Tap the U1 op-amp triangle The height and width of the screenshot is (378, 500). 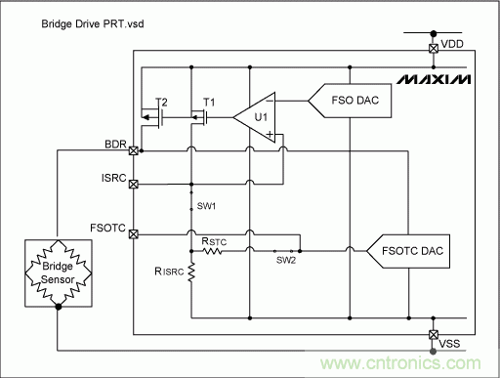(x=258, y=116)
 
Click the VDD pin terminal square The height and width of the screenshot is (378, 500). (x=434, y=47)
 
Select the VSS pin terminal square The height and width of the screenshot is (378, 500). (x=434, y=334)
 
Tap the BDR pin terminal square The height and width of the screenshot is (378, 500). (x=134, y=151)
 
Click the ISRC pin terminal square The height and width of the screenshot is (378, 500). (x=134, y=183)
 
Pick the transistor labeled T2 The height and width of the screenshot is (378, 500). (x=159, y=116)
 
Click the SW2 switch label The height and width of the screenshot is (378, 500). (x=285, y=259)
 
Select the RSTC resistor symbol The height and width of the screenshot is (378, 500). (x=213, y=251)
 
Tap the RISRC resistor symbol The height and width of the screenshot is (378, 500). (x=192, y=274)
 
